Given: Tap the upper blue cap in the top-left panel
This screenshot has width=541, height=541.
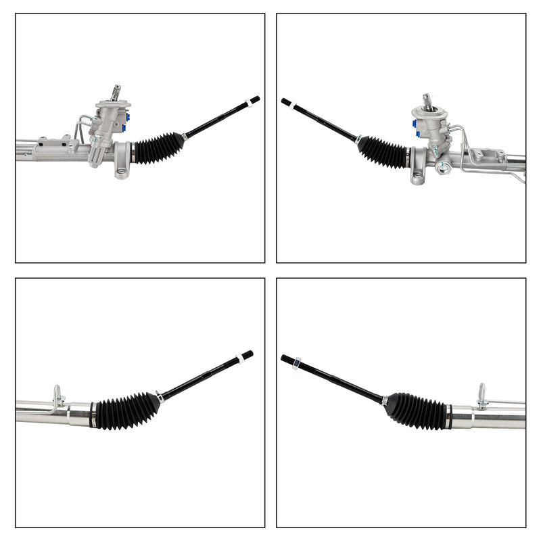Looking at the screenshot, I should click(126, 116).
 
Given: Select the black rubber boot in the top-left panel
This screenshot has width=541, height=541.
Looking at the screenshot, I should click(158, 148).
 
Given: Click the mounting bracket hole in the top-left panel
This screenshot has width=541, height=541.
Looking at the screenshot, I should click(122, 171).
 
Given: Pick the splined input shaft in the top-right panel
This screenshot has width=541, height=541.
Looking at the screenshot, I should click(428, 101).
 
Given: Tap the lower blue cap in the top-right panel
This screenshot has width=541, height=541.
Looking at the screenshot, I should click(417, 134).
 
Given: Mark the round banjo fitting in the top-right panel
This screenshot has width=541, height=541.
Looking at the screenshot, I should click(443, 168).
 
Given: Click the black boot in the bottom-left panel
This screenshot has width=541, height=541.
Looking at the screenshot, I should click(126, 411).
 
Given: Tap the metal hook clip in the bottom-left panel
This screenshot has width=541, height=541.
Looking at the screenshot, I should click(58, 397).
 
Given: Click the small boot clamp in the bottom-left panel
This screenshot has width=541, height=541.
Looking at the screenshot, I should click(160, 397).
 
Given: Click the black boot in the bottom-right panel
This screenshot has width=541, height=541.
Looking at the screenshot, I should click(415, 410).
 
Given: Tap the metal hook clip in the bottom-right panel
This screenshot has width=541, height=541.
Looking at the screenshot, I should click(481, 396).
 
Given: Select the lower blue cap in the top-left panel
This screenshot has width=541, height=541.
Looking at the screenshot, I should click(123, 127).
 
